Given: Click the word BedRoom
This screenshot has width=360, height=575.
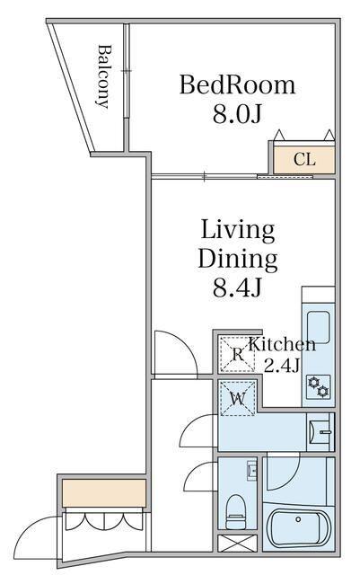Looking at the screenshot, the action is [237, 85].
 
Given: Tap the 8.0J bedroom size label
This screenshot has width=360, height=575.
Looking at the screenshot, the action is [237, 114].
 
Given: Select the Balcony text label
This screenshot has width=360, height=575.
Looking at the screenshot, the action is [104, 76].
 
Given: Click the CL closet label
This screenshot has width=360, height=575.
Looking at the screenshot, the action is [304, 160].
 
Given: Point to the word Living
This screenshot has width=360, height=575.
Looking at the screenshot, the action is [237, 230].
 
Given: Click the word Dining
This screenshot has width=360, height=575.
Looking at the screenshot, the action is [238, 260].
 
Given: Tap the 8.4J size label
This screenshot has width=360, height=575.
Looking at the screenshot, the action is [237, 287].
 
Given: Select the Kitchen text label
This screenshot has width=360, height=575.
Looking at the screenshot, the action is [282, 345].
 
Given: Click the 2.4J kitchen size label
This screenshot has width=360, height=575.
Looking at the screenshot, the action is [282, 365].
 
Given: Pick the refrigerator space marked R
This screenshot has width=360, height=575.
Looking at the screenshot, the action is [237, 354].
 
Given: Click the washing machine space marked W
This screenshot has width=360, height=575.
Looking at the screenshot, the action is [237, 399].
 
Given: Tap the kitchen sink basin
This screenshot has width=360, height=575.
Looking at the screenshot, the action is [318, 327].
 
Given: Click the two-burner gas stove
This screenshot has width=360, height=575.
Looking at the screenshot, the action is [318, 387].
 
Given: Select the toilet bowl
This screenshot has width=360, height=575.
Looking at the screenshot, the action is [235, 512].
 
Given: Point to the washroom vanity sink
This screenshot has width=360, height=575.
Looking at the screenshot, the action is [320, 432].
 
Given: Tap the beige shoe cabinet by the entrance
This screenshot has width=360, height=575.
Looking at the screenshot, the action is [104, 493].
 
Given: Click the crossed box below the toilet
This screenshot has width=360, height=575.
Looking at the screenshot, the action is [237, 543].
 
